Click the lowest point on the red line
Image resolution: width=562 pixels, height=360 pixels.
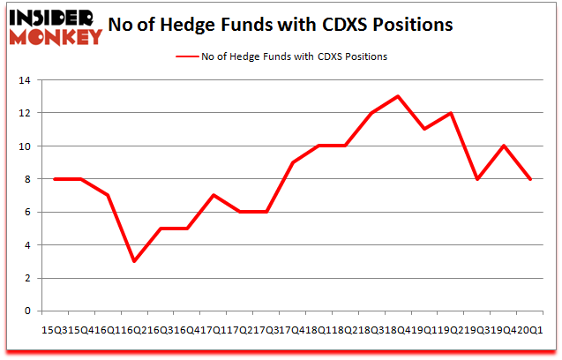click(x=134, y=261)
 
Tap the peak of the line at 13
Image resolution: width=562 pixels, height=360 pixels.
click(x=399, y=96)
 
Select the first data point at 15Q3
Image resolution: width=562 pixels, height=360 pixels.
click(x=55, y=179)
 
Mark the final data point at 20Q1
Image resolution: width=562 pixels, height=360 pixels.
click(x=531, y=179)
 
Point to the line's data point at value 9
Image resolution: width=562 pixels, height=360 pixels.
click(x=293, y=162)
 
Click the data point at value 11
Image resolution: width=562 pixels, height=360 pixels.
click(x=425, y=130)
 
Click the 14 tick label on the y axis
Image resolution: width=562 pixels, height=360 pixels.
click(x=26, y=80)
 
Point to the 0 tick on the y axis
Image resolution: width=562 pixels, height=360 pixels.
click(x=29, y=311)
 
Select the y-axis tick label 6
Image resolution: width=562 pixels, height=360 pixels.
click(x=29, y=212)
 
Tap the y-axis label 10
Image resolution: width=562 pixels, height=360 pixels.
click(x=26, y=146)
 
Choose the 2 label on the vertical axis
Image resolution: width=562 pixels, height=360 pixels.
click(x=29, y=278)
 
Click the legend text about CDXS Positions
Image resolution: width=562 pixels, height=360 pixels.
click(x=295, y=56)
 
